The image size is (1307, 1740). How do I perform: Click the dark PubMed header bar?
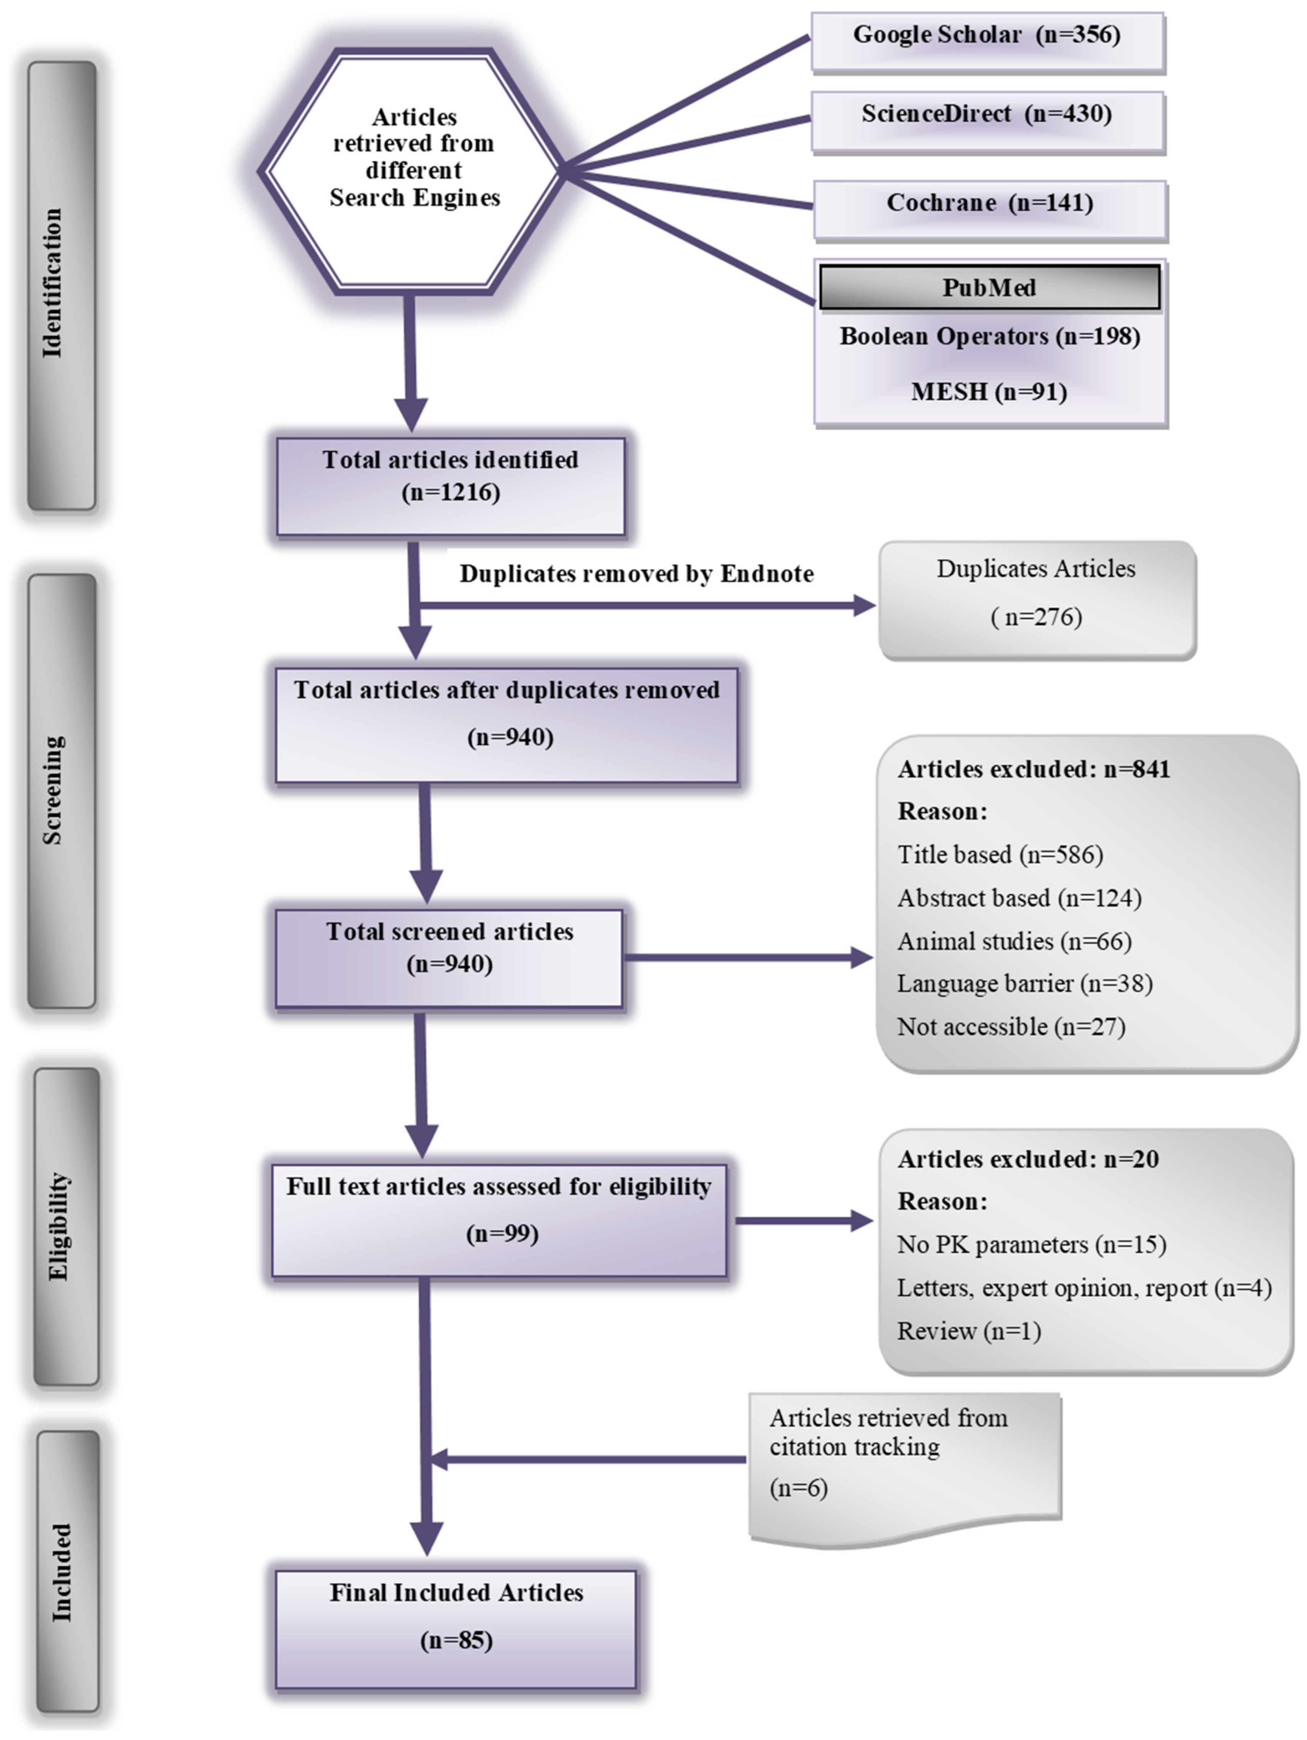click(x=989, y=287)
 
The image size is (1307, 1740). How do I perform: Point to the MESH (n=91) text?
click(x=989, y=392)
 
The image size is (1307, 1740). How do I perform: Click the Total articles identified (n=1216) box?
click(x=450, y=486)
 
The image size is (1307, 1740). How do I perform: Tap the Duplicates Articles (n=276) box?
click(x=1036, y=599)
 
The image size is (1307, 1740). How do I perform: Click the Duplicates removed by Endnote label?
click(x=636, y=574)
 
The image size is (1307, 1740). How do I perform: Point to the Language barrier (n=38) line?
click(x=1025, y=983)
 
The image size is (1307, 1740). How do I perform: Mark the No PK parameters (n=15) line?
click(x=1031, y=1244)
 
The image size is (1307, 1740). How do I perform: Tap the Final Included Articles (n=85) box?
click(x=455, y=1628)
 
